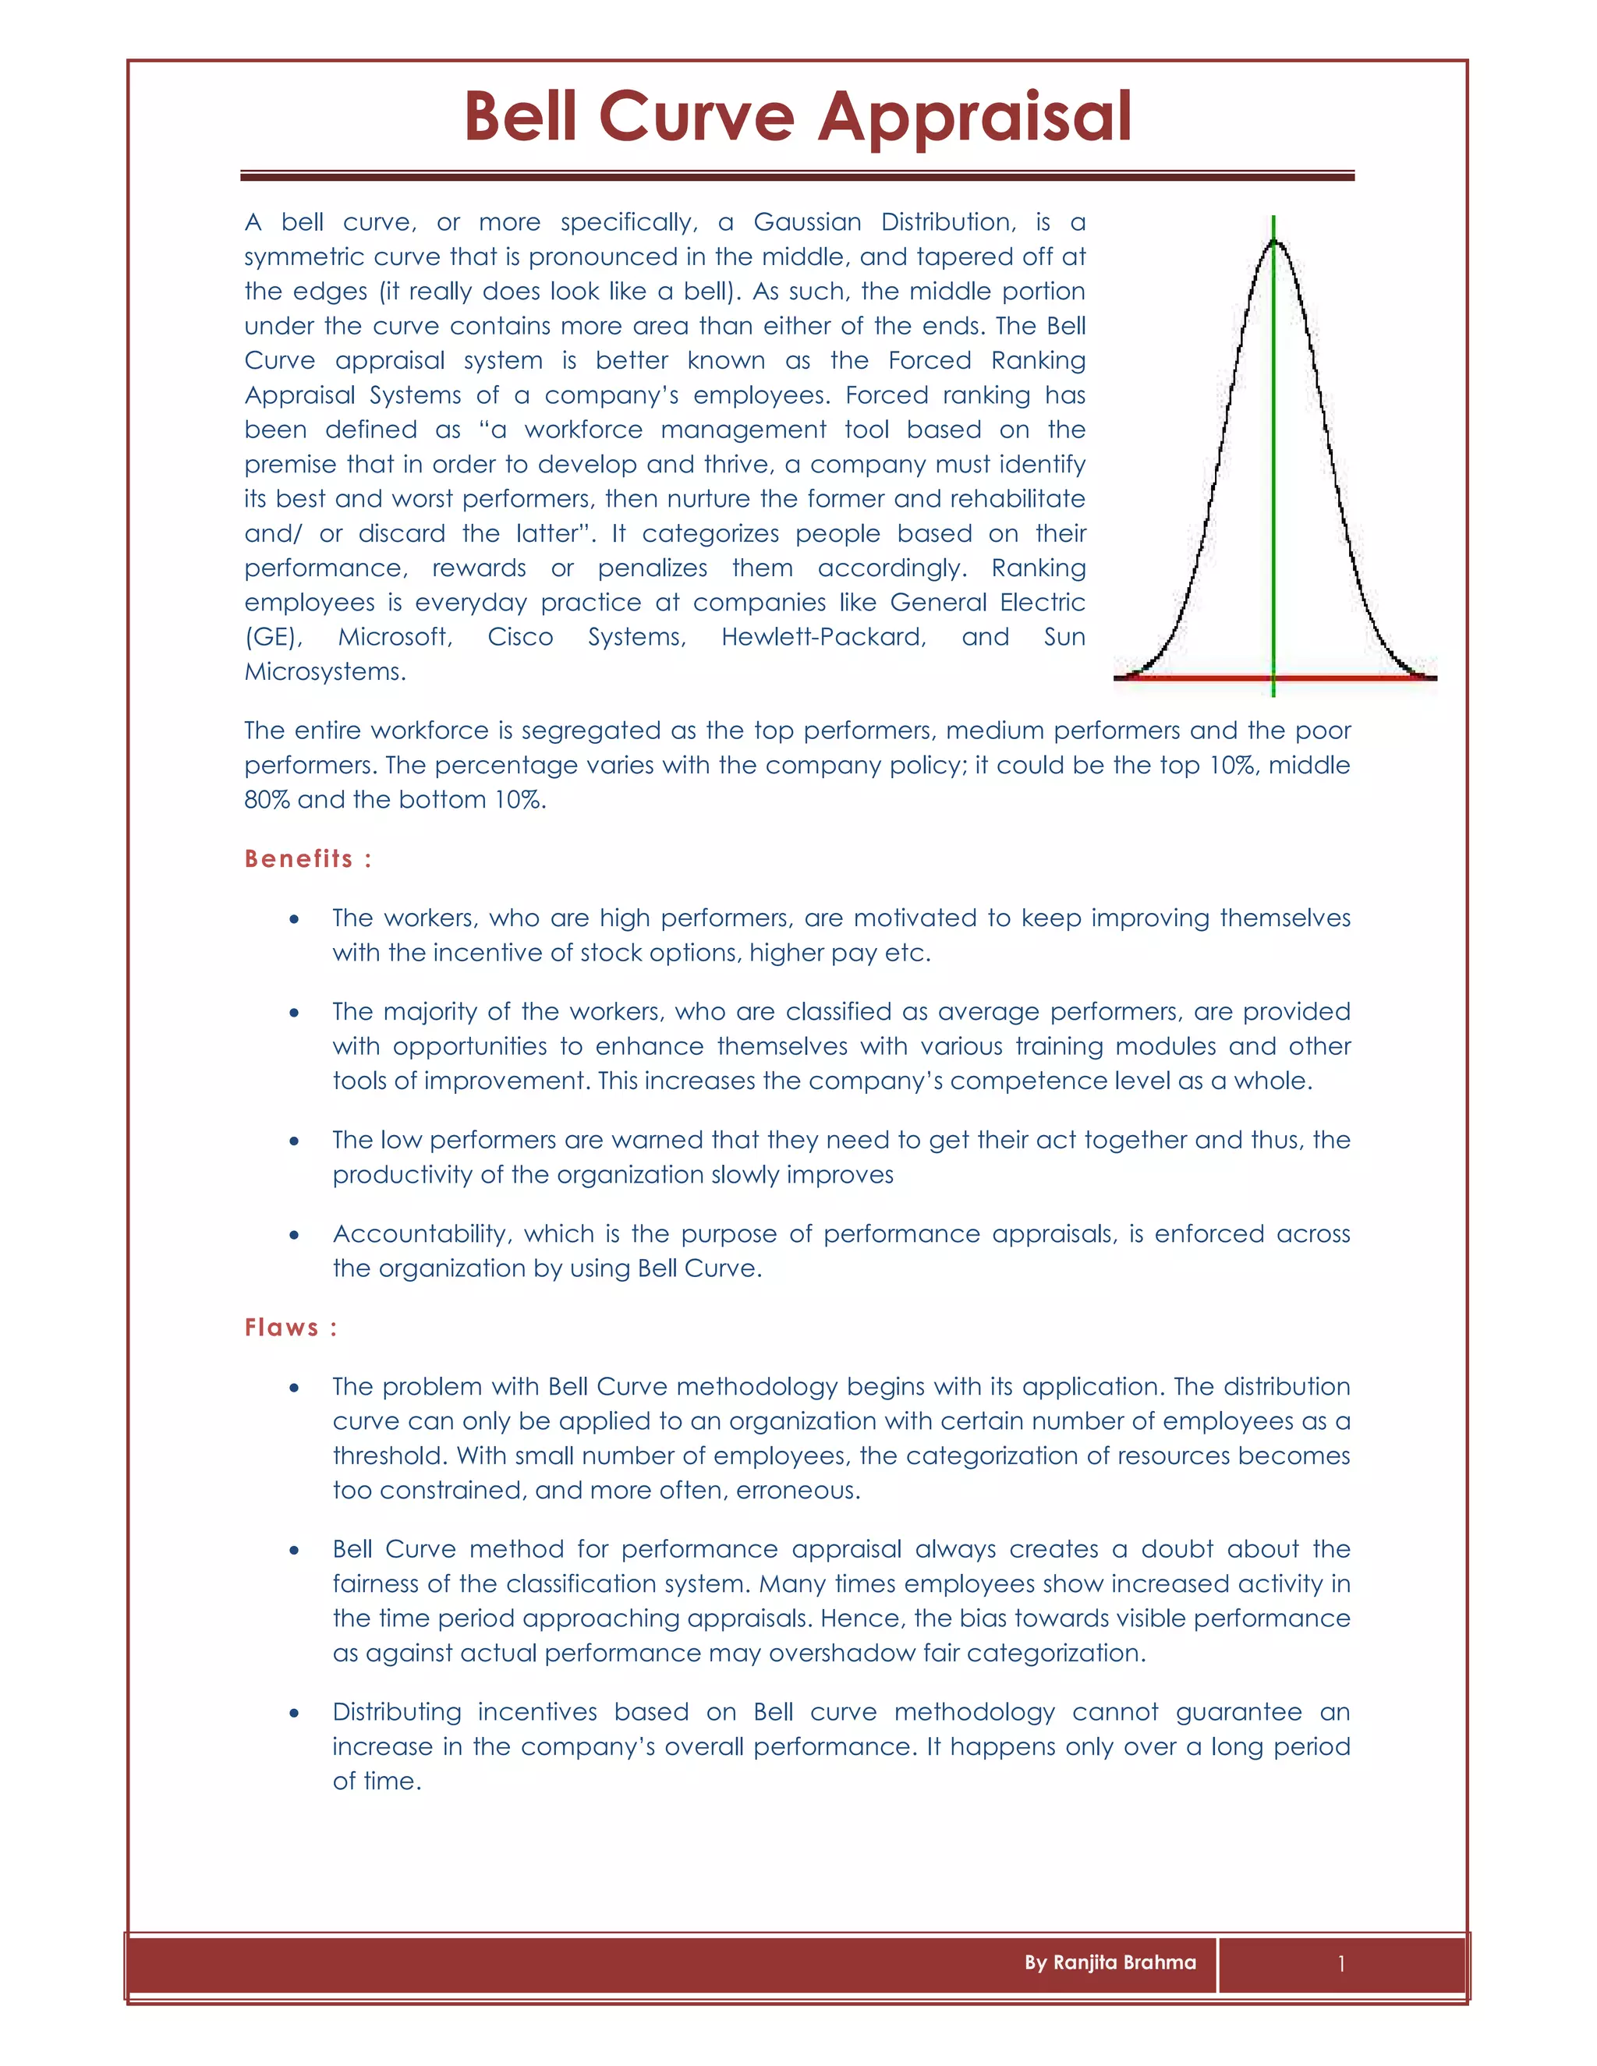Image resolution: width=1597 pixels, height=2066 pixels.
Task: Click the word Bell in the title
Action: point(519,117)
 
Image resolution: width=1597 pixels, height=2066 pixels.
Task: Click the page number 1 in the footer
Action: point(1341,1964)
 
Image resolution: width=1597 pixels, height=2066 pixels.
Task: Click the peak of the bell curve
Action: point(1274,242)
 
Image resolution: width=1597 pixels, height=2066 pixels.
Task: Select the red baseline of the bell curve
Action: point(1192,678)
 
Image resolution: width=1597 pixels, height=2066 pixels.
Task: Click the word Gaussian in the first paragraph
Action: point(807,222)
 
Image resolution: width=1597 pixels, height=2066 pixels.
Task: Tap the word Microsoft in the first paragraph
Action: point(395,638)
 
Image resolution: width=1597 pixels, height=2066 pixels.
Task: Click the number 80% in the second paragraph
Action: point(266,801)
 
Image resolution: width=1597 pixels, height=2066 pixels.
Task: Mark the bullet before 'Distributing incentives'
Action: point(296,1713)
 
